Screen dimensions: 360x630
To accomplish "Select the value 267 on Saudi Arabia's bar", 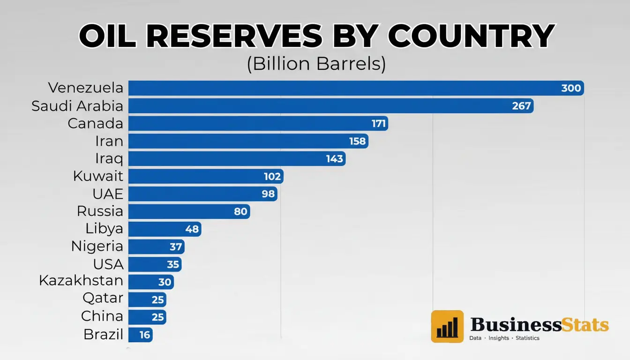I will point(521,106).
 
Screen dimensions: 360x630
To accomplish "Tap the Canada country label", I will point(95,124).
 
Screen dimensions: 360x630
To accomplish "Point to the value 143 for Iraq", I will point(335,159).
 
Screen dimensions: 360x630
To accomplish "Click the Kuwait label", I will point(98,177).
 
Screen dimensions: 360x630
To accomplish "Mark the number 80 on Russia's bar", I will point(240,211).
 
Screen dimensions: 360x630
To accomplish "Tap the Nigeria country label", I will point(97,247).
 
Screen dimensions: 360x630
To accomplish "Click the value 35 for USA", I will point(173,264).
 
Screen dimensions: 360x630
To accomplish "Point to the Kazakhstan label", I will point(81,281).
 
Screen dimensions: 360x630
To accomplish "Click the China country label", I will point(102,316).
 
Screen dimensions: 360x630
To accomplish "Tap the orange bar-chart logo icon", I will point(447,326).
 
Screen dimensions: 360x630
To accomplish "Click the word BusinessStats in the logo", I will point(539,324).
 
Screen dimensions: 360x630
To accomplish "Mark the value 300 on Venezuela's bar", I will point(570,88).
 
